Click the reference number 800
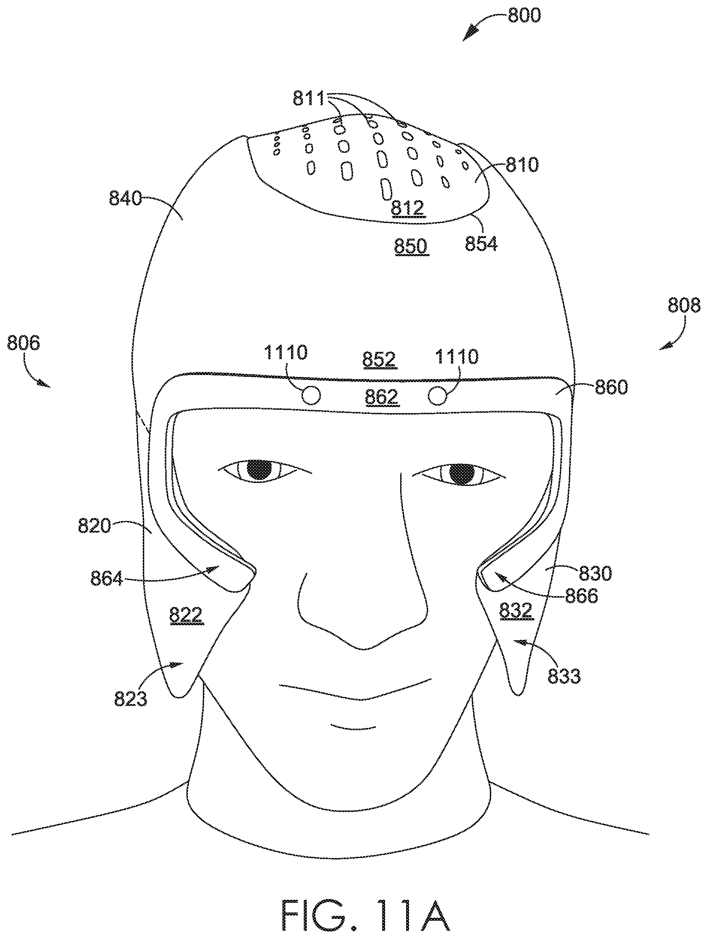click(x=524, y=16)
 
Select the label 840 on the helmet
click(x=125, y=198)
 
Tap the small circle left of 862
click(x=311, y=396)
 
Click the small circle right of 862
click(x=438, y=396)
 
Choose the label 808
click(x=684, y=305)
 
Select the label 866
click(x=581, y=596)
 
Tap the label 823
click(x=130, y=698)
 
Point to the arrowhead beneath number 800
click(x=470, y=34)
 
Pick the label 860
click(x=611, y=387)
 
